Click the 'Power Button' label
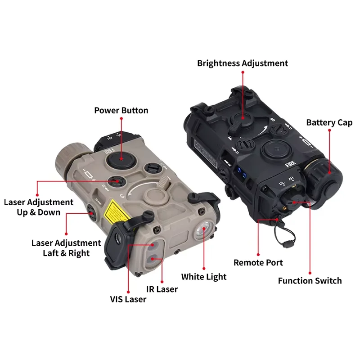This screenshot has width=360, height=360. [x=121, y=110]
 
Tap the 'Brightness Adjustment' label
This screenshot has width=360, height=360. [x=243, y=63]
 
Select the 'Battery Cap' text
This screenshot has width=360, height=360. [x=329, y=122]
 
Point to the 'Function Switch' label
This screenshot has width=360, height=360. [x=310, y=281]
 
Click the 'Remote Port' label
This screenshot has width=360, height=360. [x=258, y=262]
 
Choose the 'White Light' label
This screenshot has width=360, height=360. [x=204, y=276]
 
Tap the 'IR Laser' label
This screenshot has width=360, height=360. [x=162, y=289]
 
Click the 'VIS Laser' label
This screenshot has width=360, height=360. [x=128, y=299]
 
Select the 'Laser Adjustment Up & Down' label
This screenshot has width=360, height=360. [x=38, y=207]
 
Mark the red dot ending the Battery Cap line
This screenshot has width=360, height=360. [x=329, y=131]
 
